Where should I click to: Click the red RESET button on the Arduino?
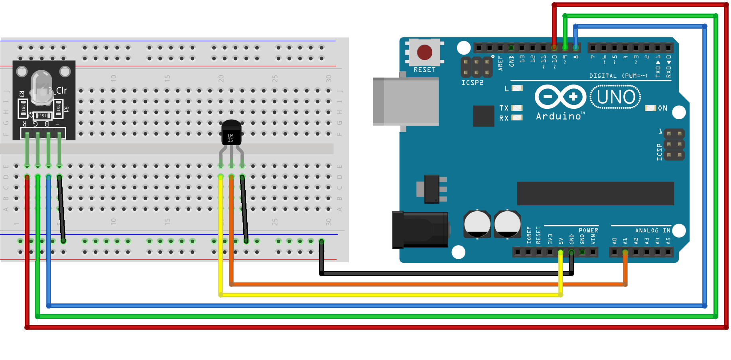point(424,52)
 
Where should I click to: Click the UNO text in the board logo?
point(616,97)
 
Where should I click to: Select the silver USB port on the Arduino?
point(406,102)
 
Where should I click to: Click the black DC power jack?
point(420,230)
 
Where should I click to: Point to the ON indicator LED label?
point(662,108)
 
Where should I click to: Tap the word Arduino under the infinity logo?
point(558,116)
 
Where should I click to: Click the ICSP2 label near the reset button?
point(472,83)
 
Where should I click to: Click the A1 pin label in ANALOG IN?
point(625,241)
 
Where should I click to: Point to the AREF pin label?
point(500,63)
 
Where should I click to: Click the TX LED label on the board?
point(504,108)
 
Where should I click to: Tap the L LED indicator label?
point(506,89)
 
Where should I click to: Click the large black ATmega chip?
point(595,193)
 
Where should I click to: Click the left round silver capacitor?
point(477,224)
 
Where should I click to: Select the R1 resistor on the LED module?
point(59,108)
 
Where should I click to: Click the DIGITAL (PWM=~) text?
point(618,76)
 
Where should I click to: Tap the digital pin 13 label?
point(522,59)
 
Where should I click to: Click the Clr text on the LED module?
point(61,90)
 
